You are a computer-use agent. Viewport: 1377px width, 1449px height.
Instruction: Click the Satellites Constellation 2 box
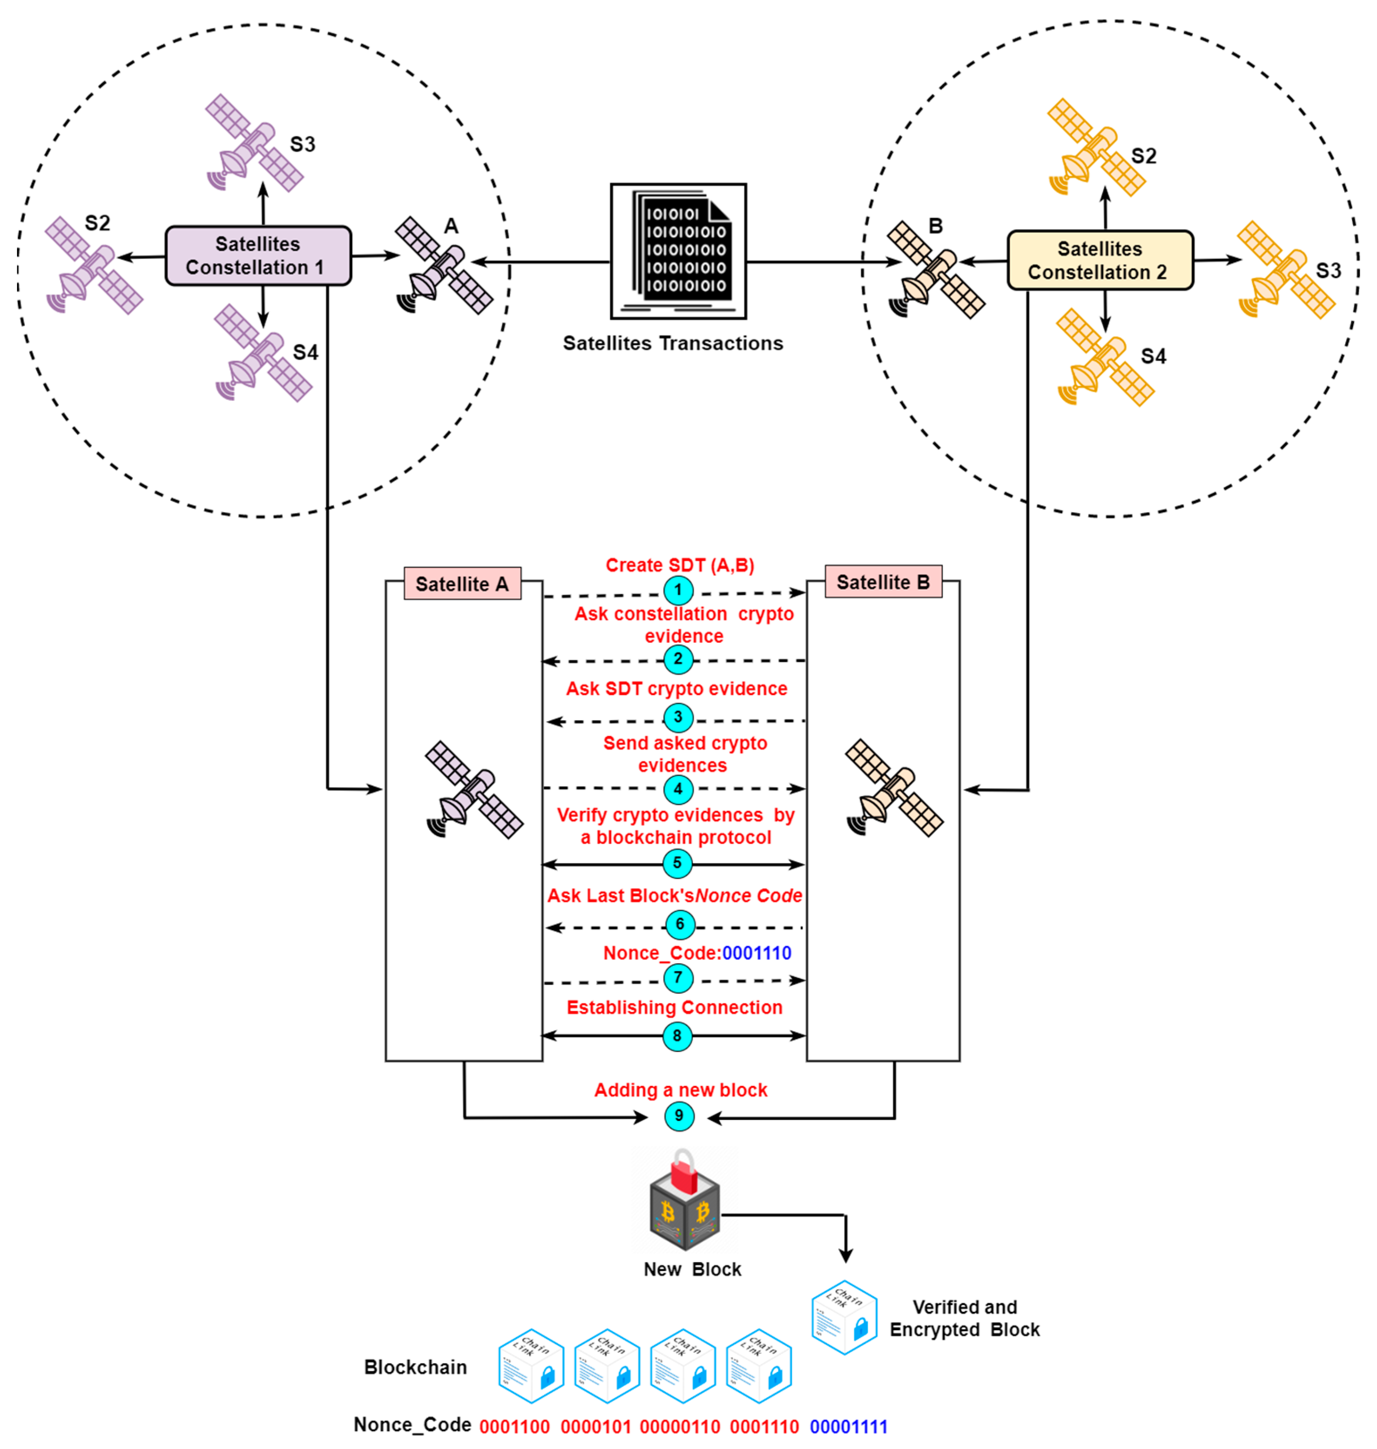point(1099,260)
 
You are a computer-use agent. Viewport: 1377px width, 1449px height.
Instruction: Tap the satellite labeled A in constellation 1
point(443,266)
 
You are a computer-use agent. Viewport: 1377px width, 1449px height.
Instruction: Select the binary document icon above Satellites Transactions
point(678,251)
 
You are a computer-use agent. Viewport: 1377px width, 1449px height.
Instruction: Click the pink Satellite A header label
point(462,584)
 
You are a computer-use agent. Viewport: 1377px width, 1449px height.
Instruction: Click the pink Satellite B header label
point(882,582)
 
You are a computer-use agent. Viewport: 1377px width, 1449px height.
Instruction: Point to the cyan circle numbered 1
point(678,589)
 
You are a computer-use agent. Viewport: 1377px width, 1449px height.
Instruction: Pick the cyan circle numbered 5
point(677,863)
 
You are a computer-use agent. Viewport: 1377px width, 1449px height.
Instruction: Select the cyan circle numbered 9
point(678,1116)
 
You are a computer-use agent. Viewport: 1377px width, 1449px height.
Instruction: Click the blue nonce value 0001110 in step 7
point(756,953)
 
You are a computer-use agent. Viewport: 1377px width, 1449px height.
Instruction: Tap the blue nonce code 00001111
point(848,1426)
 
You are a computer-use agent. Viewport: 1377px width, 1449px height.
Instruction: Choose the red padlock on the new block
point(683,1172)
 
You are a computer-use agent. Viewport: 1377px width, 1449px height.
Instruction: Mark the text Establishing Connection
point(674,1007)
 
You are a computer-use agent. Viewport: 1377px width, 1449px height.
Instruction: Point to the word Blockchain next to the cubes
point(415,1367)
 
